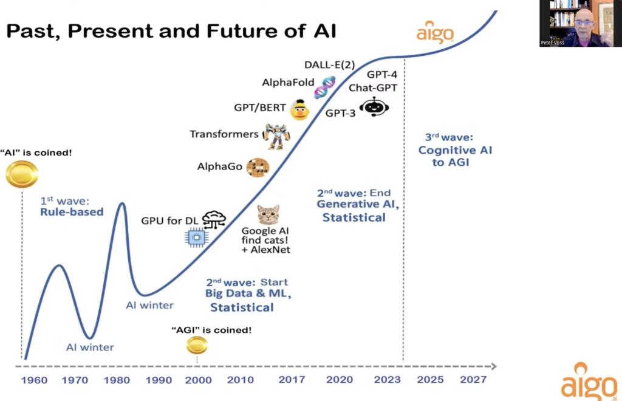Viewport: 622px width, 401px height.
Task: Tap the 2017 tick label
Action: [x=292, y=380]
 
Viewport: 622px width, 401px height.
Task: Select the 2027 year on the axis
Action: [x=473, y=380]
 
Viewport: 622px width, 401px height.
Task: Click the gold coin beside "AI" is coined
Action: [x=22, y=174]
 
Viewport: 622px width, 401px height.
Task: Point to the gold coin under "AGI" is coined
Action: [x=197, y=345]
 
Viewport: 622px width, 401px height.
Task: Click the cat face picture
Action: [x=268, y=215]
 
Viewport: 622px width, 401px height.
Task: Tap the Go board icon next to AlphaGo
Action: [x=257, y=166]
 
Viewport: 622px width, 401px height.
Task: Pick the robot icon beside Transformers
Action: [x=276, y=135]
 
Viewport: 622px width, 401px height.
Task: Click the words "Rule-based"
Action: [x=72, y=212]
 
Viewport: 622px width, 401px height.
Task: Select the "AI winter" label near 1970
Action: [x=90, y=348]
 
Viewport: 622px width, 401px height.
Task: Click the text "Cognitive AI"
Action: [x=455, y=151]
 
